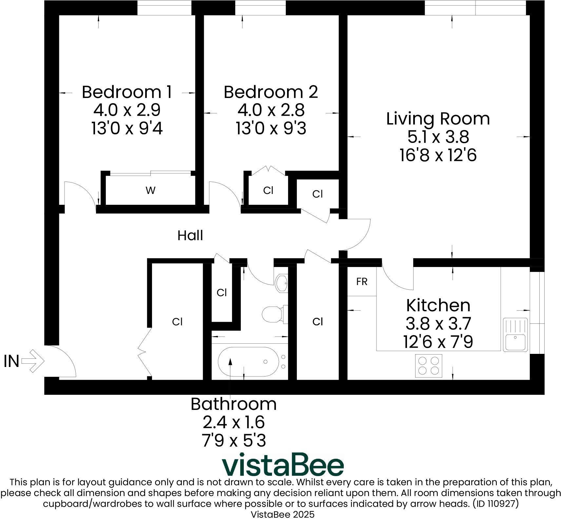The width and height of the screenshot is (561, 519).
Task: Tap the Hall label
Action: tap(190, 236)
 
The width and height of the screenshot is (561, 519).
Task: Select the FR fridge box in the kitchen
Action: tap(362, 282)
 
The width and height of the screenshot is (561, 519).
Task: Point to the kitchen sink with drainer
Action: tap(515, 335)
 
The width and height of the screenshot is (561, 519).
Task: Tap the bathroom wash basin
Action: tap(281, 283)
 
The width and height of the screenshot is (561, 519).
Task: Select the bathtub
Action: tap(249, 362)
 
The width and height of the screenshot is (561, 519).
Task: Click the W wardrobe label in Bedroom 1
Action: tap(150, 190)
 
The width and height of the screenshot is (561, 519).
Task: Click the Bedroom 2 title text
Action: tap(271, 92)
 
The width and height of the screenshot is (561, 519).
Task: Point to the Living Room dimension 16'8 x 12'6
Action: tap(438, 155)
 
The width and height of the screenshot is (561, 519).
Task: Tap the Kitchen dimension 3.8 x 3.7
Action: tap(438, 324)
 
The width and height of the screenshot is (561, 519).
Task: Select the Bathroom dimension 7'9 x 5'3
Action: tap(233, 440)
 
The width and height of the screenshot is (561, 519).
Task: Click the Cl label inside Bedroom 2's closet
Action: tap(268, 190)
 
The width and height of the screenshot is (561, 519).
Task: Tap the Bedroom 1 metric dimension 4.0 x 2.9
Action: tap(127, 110)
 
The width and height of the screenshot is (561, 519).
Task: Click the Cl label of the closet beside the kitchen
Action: tap(318, 322)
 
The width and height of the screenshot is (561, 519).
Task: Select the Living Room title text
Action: tap(438, 119)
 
